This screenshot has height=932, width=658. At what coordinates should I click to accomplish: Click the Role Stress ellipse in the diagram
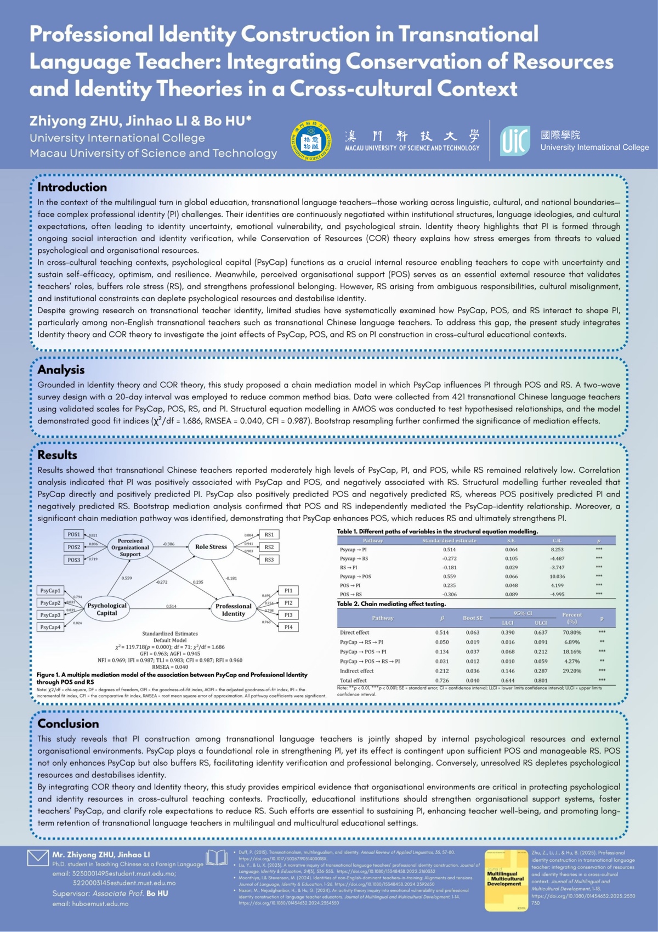211,546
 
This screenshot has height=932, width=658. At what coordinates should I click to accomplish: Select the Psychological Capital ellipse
107,609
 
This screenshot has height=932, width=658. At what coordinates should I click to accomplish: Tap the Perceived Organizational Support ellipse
130,547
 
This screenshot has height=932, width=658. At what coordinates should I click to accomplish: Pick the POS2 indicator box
74,547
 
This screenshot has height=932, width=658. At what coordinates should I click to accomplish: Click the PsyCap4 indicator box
50,627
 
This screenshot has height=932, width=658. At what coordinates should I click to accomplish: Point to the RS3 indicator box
269,560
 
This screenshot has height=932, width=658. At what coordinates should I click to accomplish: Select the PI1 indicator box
288,590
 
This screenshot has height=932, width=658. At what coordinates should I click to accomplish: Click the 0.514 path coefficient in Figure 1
171,606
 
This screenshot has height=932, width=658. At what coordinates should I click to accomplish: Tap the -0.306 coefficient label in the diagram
168,544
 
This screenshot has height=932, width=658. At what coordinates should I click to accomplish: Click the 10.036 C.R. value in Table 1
557,577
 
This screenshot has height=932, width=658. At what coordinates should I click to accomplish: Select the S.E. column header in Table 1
511,540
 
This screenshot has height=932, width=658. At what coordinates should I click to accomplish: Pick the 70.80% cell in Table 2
572,632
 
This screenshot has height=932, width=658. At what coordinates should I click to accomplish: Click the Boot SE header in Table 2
473,618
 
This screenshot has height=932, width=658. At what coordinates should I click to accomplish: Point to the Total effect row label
353,680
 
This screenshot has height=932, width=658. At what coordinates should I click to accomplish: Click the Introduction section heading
72,187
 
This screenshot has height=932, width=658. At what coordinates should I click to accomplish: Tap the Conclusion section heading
68,724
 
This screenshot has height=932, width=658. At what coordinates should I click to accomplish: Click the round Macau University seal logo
311,141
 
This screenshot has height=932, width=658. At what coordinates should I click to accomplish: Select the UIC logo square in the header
515,141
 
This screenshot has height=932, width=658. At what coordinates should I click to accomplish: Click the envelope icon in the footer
38,857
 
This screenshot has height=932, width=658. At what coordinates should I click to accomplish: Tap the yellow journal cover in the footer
505,879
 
